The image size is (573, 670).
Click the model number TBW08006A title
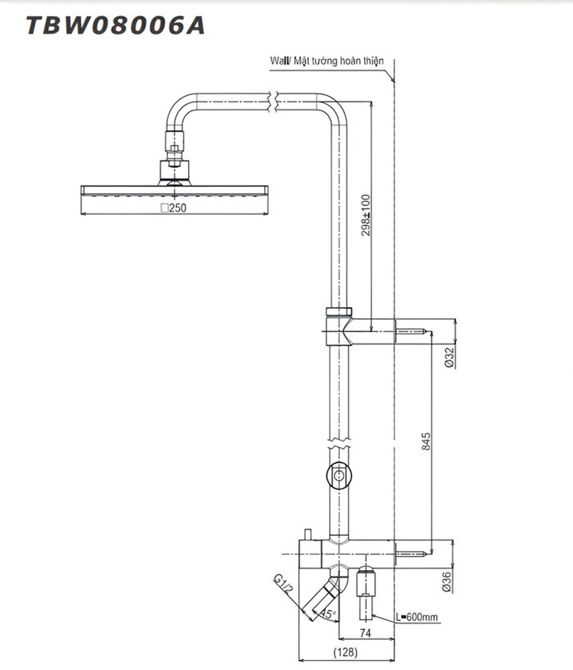(x=115, y=25)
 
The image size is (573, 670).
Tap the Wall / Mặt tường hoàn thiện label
(x=327, y=61)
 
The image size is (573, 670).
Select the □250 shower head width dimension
(x=173, y=208)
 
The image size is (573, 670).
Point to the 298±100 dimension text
(x=365, y=215)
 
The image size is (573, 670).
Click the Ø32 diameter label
(x=449, y=357)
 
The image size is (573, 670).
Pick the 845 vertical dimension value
(x=425, y=441)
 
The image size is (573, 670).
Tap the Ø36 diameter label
(x=447, y=582)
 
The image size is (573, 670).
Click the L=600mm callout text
(x=417, y=617)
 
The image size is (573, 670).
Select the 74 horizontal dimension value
(x=365, y=633)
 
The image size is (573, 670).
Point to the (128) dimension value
(x=345, y=652)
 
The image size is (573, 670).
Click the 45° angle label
(x=328, y=614)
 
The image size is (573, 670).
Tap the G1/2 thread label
(x=284, y=586)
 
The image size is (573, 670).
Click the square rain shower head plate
(x=174, y=190)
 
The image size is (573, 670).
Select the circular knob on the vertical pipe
(x=340, y=475)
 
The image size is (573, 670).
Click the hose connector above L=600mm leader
(x=366, y=592)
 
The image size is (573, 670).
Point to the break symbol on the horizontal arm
(x=273, y=102)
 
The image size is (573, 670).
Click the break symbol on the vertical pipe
(x=340, y=443)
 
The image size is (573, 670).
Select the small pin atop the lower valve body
(x=307, y=534)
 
